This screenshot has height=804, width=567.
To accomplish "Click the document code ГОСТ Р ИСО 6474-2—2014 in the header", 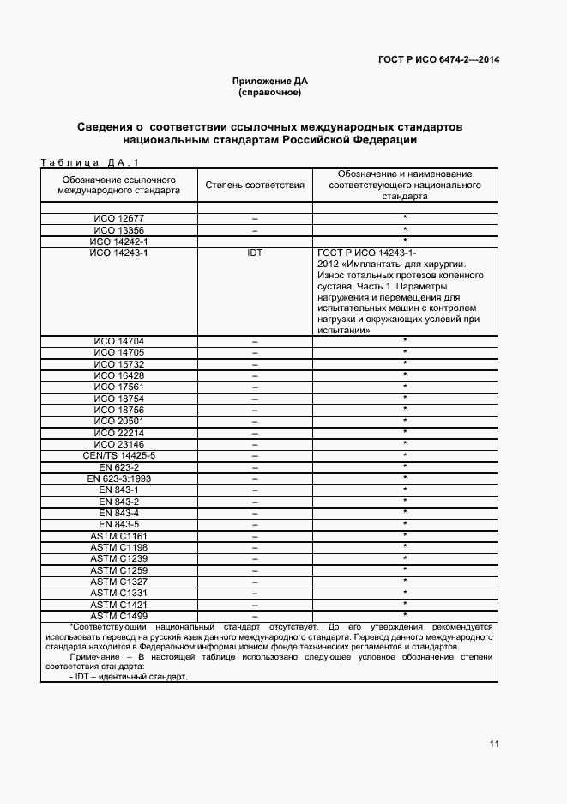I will click(x=439, y=59).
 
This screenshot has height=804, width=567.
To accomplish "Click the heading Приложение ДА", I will click(x=268, y=81).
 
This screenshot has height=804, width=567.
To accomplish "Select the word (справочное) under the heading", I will click(x=268, y=92).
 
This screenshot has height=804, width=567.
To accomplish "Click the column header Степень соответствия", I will click(x=255, y=185).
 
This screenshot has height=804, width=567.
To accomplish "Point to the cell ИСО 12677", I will click(x=119, y=219).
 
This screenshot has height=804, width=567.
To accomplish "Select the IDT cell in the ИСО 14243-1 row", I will click(x=255, y=253).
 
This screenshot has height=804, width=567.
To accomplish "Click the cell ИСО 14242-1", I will click(x=119, y=241).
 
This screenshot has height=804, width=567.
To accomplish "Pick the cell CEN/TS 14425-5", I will click(x=119, y=455).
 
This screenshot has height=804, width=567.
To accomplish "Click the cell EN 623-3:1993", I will click(x=119, y=478).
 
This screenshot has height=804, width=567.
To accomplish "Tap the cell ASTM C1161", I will click(x=119, y=535).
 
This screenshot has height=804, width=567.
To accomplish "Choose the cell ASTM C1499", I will click(x=119, y=615).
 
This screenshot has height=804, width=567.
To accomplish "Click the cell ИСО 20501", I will click(x=119, y=421).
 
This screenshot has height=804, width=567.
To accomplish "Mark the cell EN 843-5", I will click(x=119, y=523).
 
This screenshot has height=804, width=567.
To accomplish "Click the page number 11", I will click(x=494, y=744).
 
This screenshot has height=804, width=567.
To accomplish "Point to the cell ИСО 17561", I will click(x=119, y=387).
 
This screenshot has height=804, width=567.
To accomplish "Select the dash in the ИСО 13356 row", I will click(x=255, y=230).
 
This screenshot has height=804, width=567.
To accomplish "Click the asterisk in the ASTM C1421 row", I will click(x=404, y=604).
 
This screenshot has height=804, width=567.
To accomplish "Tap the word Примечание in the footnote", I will click(x=94, y=657).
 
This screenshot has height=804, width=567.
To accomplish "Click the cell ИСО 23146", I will click(x=119, y=443).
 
